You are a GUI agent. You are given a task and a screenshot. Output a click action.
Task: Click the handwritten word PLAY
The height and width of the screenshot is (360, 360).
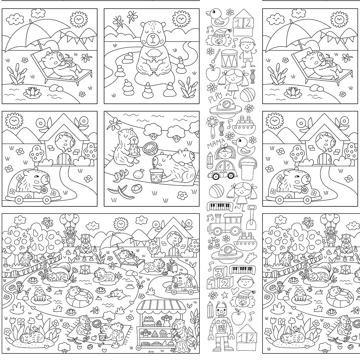(x=215, y=98)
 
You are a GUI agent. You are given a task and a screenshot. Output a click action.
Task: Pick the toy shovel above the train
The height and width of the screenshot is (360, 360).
(x=251, y=217)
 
